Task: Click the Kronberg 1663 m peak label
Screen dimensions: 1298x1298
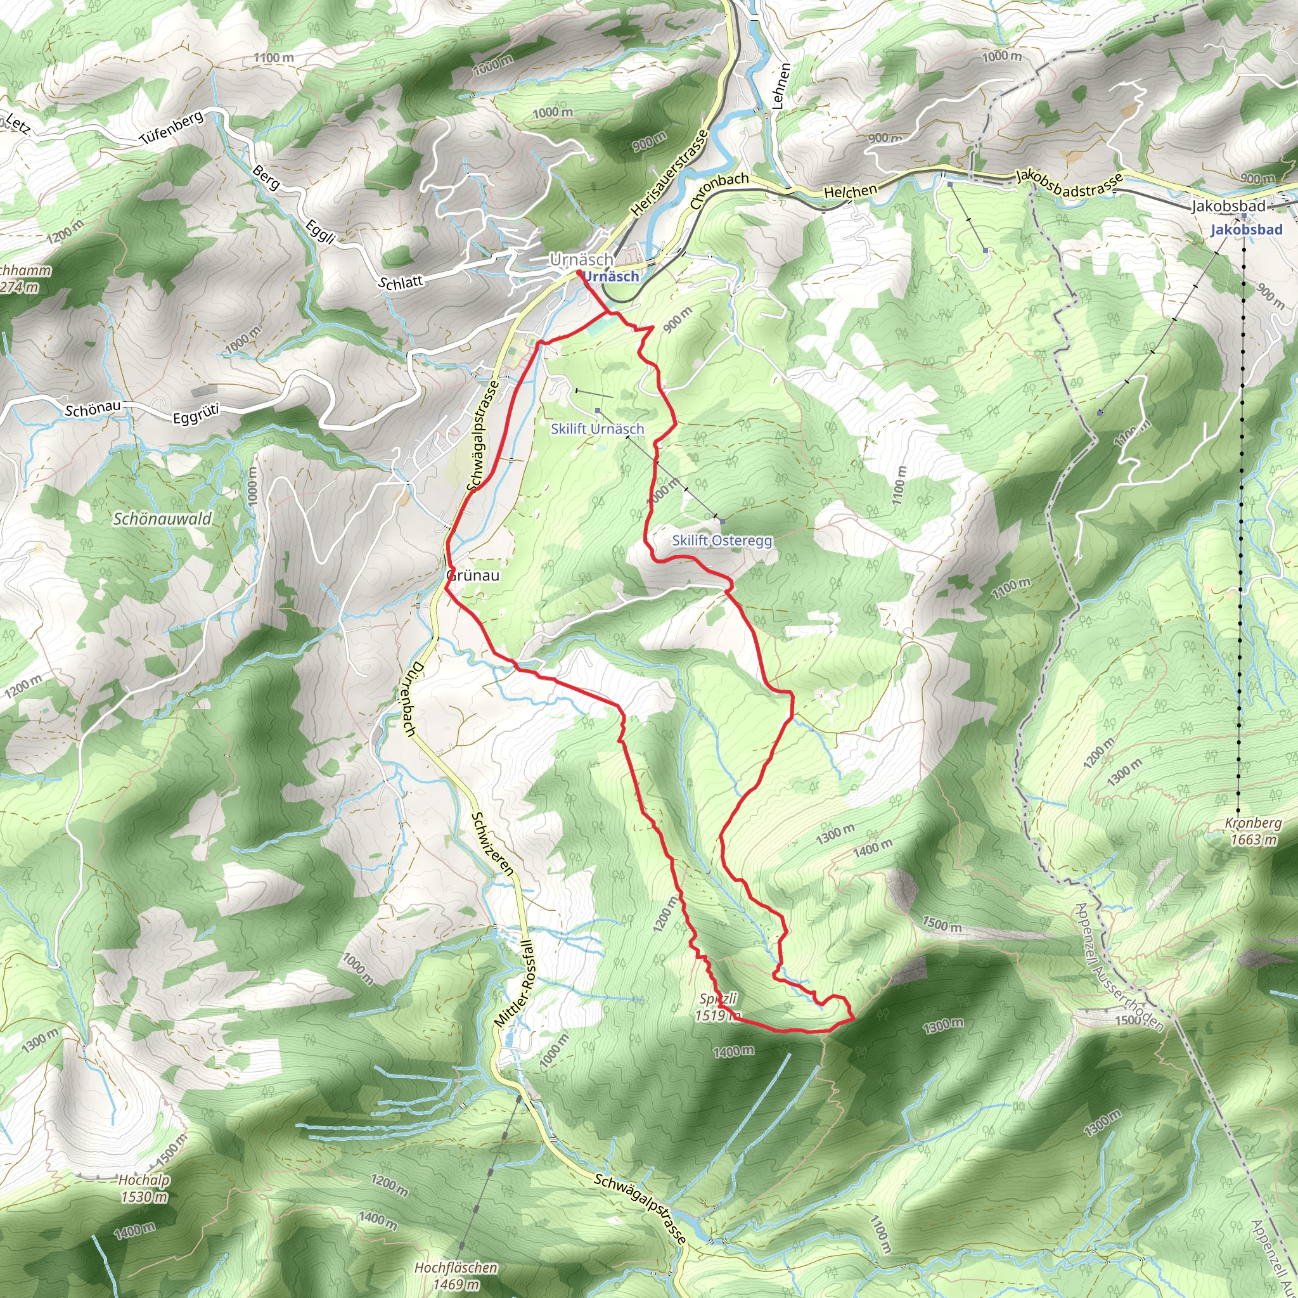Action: pyautogui.click(x=1253, y=831)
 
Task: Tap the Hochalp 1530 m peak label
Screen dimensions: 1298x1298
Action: pyautogui.click(x=144, y=1188)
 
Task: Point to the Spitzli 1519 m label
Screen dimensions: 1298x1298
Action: pyautogui.click(x=717, y=1006)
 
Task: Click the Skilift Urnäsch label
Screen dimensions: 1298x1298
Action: pyautogui.click(x=597, y=428)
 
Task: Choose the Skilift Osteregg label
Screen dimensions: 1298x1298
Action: pyautogui.click(x=723, y=540)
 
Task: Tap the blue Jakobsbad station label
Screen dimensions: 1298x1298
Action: pyautogui.click(x=1246, y=230)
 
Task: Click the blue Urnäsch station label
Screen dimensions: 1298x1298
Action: pyautogui.click(x=611, y=276)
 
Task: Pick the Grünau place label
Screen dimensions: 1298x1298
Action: pyautogui.click(x=473, y=575)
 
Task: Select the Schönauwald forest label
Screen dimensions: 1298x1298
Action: pyautogui.click(x=162, y=518)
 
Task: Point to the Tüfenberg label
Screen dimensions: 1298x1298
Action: pyautogui.click(x=171, y=127)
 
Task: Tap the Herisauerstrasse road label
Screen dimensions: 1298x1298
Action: pyautogui.click(x=670, y=172)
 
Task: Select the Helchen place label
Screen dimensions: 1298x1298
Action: pyautogui.click(x=850, y=191)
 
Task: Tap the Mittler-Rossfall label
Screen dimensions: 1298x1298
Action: pyautogui.click(x=515, y=984)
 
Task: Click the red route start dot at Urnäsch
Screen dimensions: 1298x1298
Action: pyautogui.click(x=579, y=272)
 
